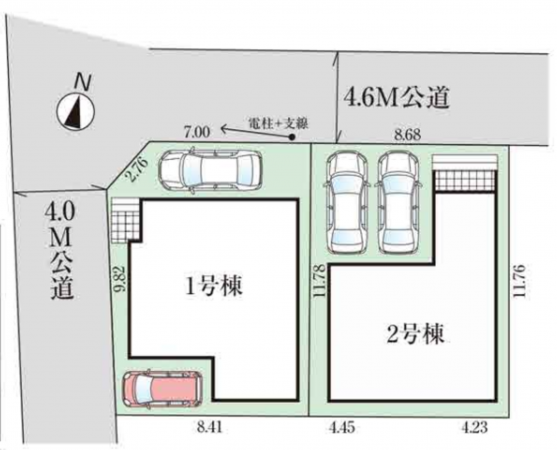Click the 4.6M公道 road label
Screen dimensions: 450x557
pos(396,98)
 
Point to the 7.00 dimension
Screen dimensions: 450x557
pos(197,131)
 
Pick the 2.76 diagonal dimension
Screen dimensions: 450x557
pos(138,167)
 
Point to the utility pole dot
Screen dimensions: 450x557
pos(292,139)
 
